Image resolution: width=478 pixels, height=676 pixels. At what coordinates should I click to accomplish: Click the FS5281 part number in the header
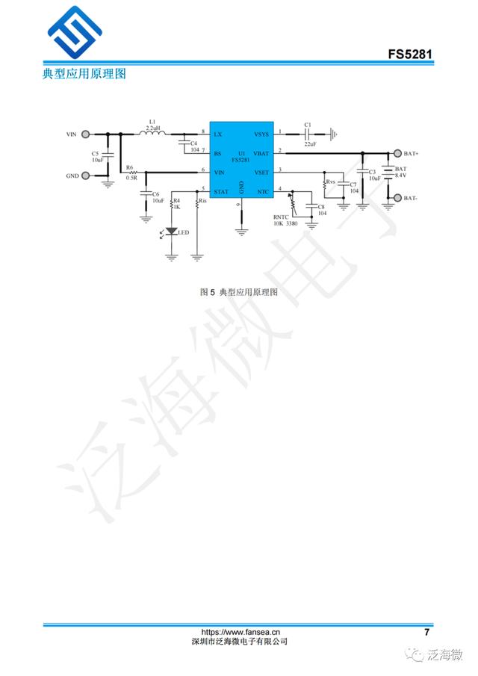click(x=410, y=55)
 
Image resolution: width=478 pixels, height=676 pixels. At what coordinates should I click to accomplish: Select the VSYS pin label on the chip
click(x=261, y=134)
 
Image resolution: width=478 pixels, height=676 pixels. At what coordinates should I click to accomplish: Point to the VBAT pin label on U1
click(x=261, y=153)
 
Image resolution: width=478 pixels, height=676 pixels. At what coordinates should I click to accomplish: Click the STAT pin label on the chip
click(x=221, y=192)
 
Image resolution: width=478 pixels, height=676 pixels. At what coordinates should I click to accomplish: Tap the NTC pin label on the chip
click(x=263, y=192)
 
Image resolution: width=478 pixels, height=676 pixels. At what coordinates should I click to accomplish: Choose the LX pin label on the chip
click(x=217, y=134)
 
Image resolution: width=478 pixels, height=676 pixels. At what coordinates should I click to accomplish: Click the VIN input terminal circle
click(x=86, y=134)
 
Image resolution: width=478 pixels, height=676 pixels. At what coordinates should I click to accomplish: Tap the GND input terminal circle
click(x=86, y=176)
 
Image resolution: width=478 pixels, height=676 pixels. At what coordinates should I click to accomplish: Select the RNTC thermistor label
click(x=280, y=217)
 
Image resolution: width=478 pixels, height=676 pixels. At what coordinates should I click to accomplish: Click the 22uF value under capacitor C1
click(x=310, y=143)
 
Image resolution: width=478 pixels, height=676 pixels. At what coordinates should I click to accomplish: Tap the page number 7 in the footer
click(x=426, y=632)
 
